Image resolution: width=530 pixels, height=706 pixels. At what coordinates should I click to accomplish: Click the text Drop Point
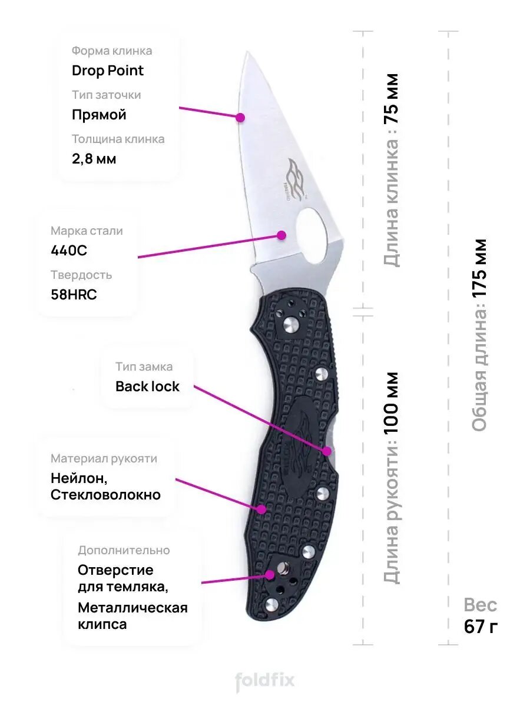[x=108, y=71]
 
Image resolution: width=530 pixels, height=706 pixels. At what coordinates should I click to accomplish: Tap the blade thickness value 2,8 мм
[x=94, y=159]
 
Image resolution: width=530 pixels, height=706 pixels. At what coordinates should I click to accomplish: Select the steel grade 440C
[x=69, y=251]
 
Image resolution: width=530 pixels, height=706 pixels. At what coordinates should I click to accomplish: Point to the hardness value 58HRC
[x=74, y=295]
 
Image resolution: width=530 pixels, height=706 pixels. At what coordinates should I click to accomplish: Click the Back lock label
[x=147, y=387]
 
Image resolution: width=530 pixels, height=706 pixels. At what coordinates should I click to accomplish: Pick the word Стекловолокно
[x=105, y=495]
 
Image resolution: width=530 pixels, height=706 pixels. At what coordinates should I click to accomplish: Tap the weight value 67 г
[x=481, y=627]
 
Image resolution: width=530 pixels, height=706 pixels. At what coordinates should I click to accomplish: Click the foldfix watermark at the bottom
[x=265, y=682]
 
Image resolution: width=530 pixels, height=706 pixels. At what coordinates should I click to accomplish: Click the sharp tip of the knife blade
[x=245, y=54]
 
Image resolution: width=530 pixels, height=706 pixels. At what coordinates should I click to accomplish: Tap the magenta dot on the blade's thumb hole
[x=281, y=235]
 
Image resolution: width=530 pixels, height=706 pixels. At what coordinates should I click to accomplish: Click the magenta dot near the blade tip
[x=240, y=117]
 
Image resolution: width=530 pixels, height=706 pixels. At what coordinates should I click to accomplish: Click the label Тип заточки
[x=106, y=95]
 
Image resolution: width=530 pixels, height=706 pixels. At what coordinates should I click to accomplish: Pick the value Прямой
[x=99, y=115]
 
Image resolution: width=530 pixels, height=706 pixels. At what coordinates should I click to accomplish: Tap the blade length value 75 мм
[x=392, y=98]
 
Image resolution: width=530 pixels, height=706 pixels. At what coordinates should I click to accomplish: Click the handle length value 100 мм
[x=392, y=403]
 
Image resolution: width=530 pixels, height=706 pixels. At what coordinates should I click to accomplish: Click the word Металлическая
[x=132, y=607]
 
